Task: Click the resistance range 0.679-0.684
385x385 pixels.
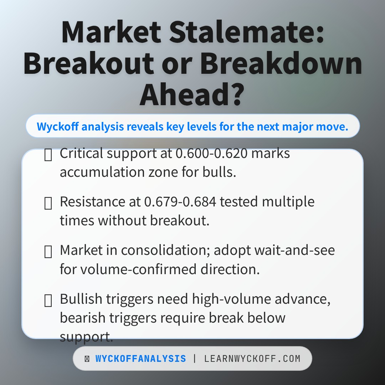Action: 180,202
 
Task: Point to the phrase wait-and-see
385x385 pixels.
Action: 294,251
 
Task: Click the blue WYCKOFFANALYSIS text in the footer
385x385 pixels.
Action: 140,359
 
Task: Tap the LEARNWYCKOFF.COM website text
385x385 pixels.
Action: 252,359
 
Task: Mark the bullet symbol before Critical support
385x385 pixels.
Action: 48,155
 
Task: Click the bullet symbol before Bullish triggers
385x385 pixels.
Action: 48,301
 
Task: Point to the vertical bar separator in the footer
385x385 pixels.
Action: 195,359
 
